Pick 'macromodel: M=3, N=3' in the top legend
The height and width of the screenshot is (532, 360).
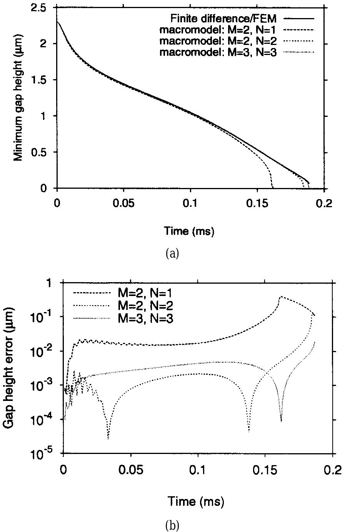coord(218,53)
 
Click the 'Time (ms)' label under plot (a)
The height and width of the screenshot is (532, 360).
coord(189,231)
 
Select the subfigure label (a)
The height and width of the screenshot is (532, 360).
coord(172,254)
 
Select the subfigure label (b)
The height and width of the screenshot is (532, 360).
coord(172,525)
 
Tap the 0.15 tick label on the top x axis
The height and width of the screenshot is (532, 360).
coord(257,203)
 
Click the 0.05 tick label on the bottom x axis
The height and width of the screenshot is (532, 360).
coord(131,470)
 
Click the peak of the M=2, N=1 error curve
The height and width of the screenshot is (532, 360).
coord(280,297)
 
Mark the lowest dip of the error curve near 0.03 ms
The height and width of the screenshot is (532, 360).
coord(108,438)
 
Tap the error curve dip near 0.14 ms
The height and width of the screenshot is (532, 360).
coord(249,431)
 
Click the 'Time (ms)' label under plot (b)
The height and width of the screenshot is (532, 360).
coord(195,501)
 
